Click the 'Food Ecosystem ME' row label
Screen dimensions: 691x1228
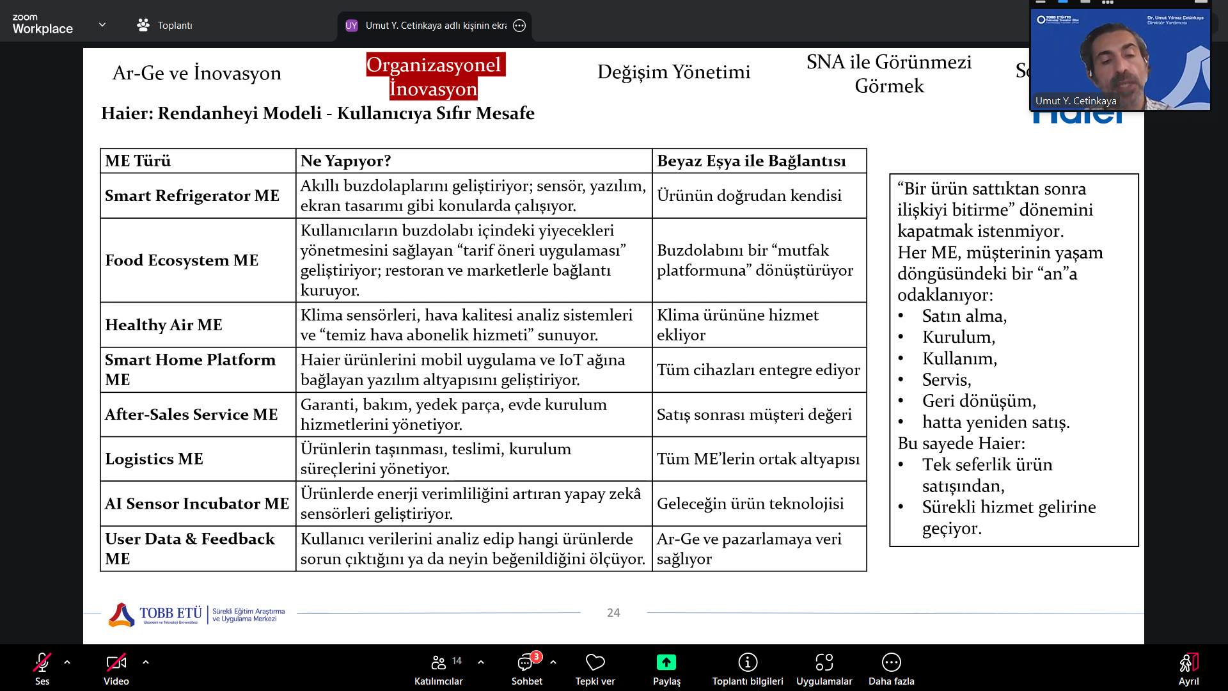pyautogui.click(x=182, y=260)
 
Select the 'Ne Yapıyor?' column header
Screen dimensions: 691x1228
pyautogui.click(x=345, y=161)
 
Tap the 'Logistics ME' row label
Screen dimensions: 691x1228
pyautogui.click(x=154, y=459)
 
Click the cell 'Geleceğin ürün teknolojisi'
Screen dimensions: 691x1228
pyautogui.click(x=750, y=504)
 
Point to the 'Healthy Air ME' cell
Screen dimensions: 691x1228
pyautogui.click(x=164, y=325)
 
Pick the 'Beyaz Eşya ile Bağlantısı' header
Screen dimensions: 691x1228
pyautogui.click(x=752, y=161)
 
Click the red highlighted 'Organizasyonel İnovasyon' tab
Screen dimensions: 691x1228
pyautogui.click(x=434, y=77)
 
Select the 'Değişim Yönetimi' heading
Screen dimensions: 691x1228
pyautogui.click(x=673, y=72)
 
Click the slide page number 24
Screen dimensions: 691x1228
pyautogui.click(x=613, y=613)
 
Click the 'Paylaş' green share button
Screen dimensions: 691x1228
pyautogui.click(x=666, y=662)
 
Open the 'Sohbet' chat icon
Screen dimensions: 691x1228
pyautogui.click(x=526, y=662)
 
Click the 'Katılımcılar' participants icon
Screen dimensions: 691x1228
pyautogui.click(x=438, y=662)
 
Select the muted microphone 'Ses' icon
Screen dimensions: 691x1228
pyautogui.click(x=42, y=662)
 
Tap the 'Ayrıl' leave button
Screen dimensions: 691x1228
pyautogui.click(x=1188, y=662)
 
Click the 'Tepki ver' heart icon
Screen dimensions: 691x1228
pyautogui.click(x=595, y=662)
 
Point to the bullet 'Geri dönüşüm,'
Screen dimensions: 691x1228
pyautogui.click(x=979, y=401)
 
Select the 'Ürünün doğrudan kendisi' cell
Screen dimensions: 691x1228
pyautogui.click(x=749, y=196)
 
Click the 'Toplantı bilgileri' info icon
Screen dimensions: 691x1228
pyautogui.click(x=748, y=662)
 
